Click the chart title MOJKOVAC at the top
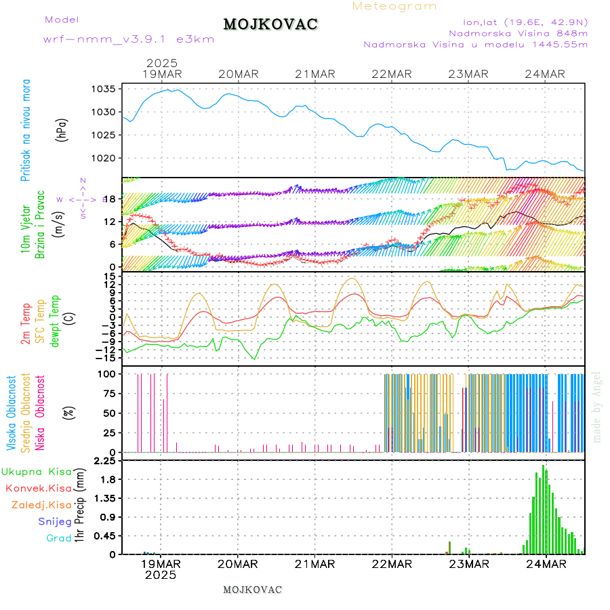pyautogui.click(x=270, y=24)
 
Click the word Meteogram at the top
pyautogui.click(x=394, y=6)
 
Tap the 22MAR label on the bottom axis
pyautogui.click(x=392, y=563)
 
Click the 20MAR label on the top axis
pyautogui.click(x=238, y=74)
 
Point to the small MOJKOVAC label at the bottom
pyautogui.click(x=252, y=590)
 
